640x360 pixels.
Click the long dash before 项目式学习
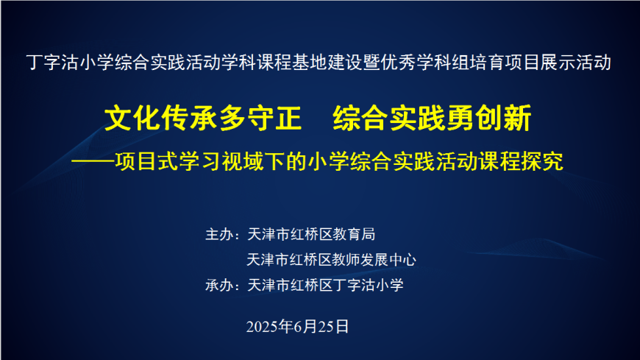[x=93, y=162]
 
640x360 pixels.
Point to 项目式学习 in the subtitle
[x=168, y=161]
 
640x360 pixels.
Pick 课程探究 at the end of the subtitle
[x=521, y=161]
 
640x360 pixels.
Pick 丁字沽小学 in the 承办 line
[x=369, y=285]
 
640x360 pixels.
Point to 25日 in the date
[x=333, y=327]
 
